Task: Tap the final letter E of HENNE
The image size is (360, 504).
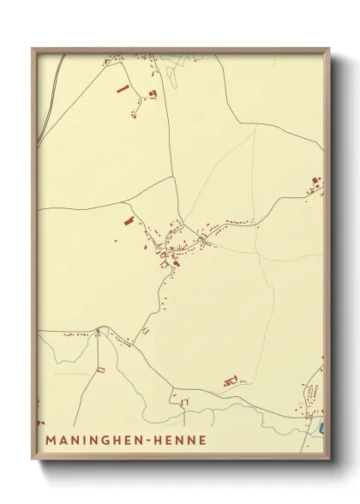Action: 202,441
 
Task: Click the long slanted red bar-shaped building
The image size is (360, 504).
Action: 122,88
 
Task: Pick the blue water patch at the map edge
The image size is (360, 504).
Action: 321,426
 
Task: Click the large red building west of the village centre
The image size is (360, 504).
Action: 129,221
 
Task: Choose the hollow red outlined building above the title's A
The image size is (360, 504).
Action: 99,369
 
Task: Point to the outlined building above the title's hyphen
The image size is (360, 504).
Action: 183,400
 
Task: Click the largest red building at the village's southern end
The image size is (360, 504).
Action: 176,263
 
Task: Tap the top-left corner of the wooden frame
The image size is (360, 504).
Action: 33,49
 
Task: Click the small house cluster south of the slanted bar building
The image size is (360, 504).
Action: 135,111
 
